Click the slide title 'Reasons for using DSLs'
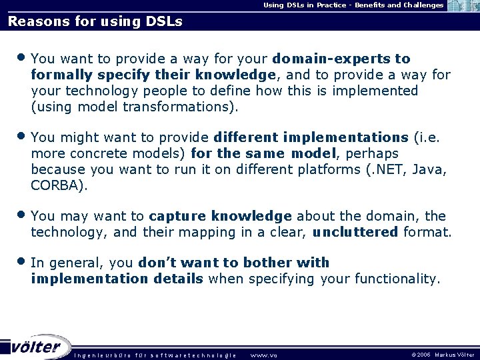coord(95,21)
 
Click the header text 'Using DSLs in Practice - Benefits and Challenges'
coord(353,5)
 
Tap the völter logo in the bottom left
coord(37,347)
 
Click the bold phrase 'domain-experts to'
coord(342,59)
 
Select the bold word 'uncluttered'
coord(355,233)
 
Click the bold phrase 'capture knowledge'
coord(220,217)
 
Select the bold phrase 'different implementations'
coord(311,137)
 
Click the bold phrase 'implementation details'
coord(117,279)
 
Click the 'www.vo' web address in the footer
coord(263,355)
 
